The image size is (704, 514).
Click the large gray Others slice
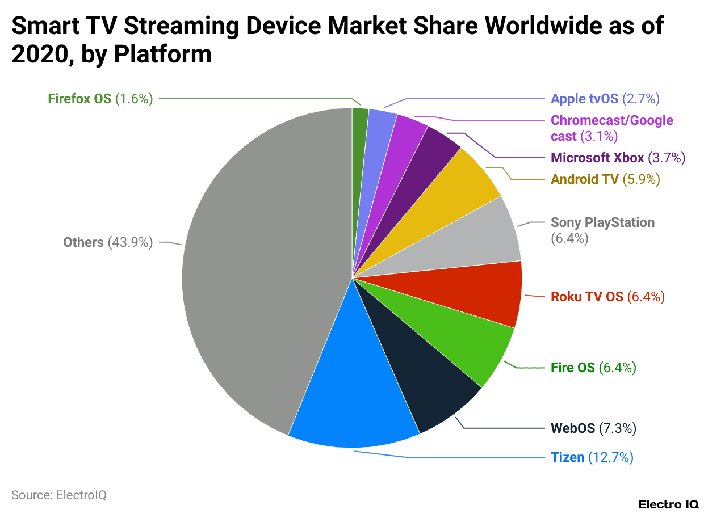pos(255,272)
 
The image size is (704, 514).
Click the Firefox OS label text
pos(79,99)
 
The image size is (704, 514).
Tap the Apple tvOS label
pos(584,99)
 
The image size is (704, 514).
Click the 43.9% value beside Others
pos(130,243)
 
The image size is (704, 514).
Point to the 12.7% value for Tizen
pos(610,457)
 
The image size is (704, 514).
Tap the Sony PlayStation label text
pos(602,222)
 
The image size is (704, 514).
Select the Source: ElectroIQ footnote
pos(59,495)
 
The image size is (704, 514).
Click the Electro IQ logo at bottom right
pos(668,504)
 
